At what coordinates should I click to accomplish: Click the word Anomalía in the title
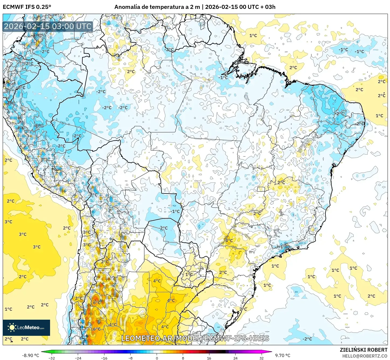pyautogui.click(x=126, y=7)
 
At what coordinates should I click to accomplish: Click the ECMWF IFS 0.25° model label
pyautogui.click(x=27, y=7)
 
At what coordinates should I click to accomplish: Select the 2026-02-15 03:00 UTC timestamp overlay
pyautogui.click(x=48, y=26)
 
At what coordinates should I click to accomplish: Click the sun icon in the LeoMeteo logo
pyautogui.click(x=12, y=327)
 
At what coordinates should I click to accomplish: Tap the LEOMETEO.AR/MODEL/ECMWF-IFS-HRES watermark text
pyautogui.click(x=195, y=338)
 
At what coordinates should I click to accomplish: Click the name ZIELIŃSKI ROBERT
pyautogui.click(x=363, y=350)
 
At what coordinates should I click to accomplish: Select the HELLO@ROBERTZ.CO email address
pyautogui.click(x=365, y=356)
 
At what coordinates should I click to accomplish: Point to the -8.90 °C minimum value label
pyautogui.click(x=30, y=355)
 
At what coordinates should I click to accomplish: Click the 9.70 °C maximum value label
pyautogui.click(x=283, y=355)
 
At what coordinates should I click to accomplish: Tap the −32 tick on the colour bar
pyautogui.click(x=52, y=358)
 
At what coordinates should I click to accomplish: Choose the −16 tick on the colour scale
pyautogui.click(x=104, y=358)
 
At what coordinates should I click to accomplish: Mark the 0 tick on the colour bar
pyautogui.click(x=157, y=358)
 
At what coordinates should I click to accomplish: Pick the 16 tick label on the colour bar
pyautogui.click(x=209, y=358)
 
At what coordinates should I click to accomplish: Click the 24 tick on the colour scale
pyautogui.click(x=235, y=358)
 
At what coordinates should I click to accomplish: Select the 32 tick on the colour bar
pyautogui.click(x=261, y=358)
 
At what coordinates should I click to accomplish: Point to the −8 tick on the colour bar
pyautogui.click(x=130, y=358)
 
